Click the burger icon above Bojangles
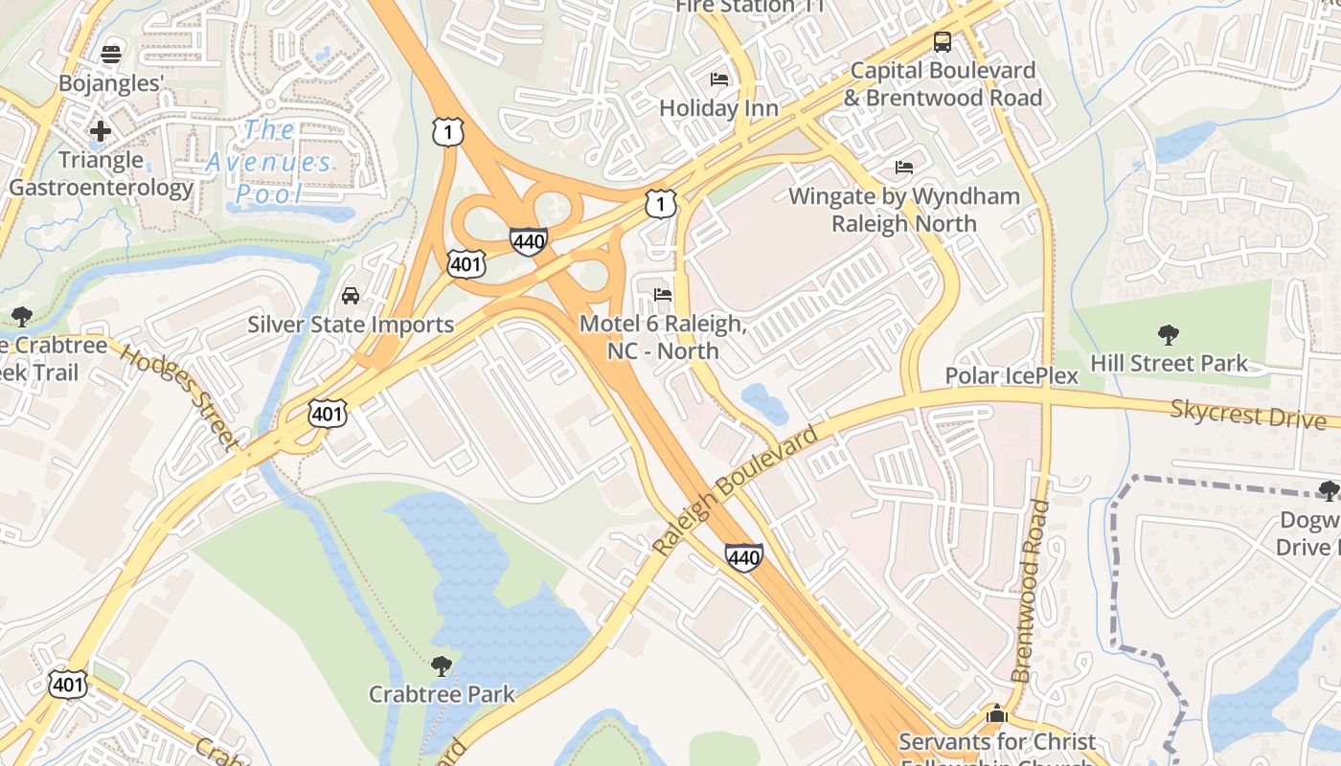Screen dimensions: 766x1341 [x=112, y=53]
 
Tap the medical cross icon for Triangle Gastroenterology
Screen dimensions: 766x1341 [x=100, y=130]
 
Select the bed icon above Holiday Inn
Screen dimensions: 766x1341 [x=718, y=79]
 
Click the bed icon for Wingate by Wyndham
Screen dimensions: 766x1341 [x=903, y=168]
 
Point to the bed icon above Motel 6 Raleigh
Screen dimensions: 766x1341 [x=662, y=294]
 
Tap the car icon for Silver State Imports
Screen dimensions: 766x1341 [x=351, y=295]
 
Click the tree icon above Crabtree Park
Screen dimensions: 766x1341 [x=441, y=665]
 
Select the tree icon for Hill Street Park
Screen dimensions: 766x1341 [x=1168, y=334]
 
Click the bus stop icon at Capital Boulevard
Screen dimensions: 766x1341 [x=943, y=41]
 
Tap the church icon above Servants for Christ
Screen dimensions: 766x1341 [x=996, y=713]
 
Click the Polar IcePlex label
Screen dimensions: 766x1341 [x=1011, y=375]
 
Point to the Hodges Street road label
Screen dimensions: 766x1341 [x=179, y=397]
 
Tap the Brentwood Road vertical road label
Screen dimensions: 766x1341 [x=1030, y=591]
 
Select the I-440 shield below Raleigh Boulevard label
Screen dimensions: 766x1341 [x=743, y=556]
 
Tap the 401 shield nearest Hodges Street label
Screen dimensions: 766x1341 [x=327, y=414]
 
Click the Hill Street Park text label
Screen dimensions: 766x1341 [x=1170, y=363]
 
